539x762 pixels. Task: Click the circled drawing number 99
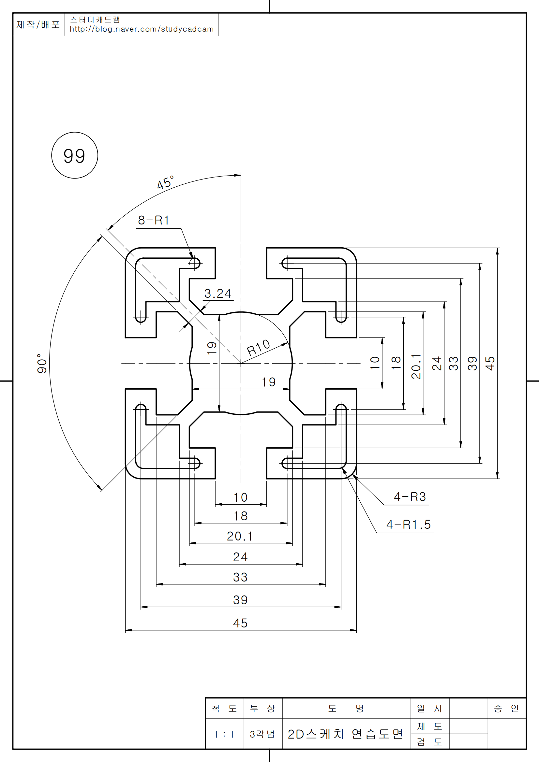tap(74, 156)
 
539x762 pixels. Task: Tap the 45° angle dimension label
tap(165, 182)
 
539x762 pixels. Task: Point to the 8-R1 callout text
tap(154, 220)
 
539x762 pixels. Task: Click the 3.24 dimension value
tap(217, 294)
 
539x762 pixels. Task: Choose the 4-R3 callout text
tap(410, 497)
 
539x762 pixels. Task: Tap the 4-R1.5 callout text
tap(409, 525)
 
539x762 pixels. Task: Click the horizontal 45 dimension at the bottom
tap(240, 623)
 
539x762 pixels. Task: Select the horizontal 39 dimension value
tap(240, 600)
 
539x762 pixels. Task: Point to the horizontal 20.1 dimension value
tap(239, 536)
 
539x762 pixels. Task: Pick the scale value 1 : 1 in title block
tap(224, 734)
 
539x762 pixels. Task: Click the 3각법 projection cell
tap(262, 734)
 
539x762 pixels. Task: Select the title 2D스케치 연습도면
tap(345, 734)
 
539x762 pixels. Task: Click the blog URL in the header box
tap(142, 29)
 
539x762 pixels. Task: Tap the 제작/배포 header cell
tap(38, 24)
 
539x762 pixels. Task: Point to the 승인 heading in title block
tap(506, 709)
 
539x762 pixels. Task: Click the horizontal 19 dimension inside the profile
tap(268, 382)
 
